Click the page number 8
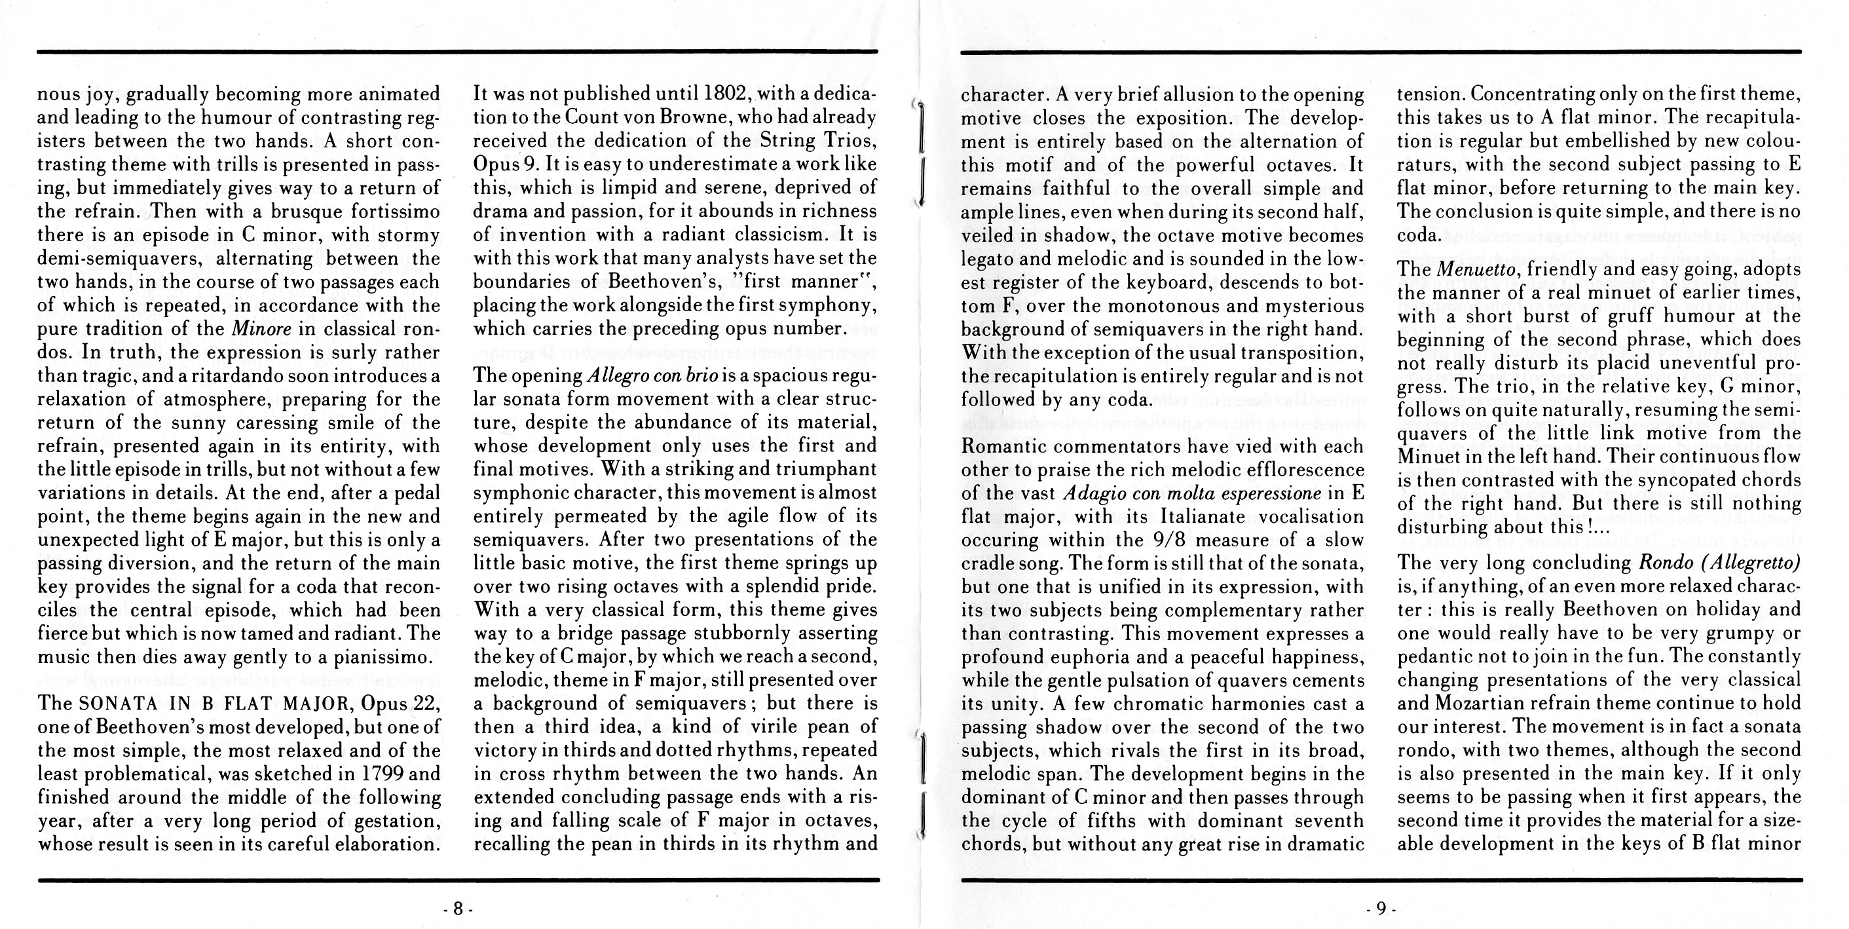point(458,909)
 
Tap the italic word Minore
point(260,330)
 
